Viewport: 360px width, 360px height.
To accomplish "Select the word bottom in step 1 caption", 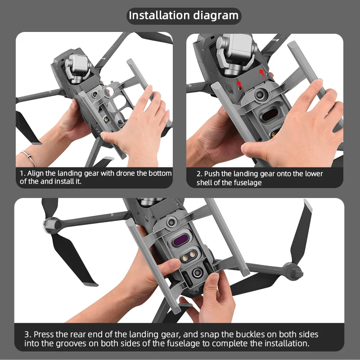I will point(161,173).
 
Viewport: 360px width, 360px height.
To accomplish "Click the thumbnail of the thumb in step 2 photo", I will point(247,149).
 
